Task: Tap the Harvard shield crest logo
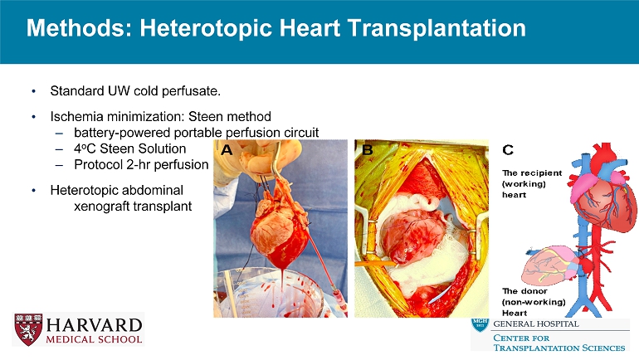coord(28,328)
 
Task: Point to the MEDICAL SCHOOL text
coord(94,338)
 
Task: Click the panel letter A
coord(225,150)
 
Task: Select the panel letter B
coord(366,150)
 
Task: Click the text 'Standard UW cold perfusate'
coord(135,89)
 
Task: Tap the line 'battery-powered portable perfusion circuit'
coord(196,133)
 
